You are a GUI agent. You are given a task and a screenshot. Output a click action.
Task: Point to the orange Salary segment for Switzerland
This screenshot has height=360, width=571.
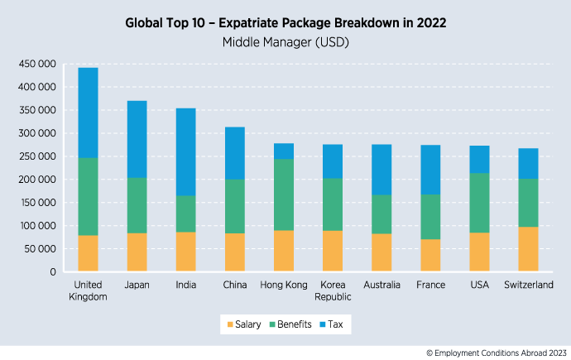pos(528,249)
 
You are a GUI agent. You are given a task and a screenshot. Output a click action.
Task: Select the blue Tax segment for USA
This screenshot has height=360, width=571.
pos(479,160)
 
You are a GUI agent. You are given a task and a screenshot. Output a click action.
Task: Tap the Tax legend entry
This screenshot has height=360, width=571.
pos(333,324)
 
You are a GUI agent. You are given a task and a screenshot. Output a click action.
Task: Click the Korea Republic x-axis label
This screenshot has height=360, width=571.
pos(333,290)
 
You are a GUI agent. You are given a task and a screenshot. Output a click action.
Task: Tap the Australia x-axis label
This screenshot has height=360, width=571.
pos(381,285)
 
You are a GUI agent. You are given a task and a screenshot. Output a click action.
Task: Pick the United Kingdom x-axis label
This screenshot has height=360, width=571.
pos(88,290)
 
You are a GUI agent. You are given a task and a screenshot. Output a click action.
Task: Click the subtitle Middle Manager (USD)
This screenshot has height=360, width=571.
pos(285,40)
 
